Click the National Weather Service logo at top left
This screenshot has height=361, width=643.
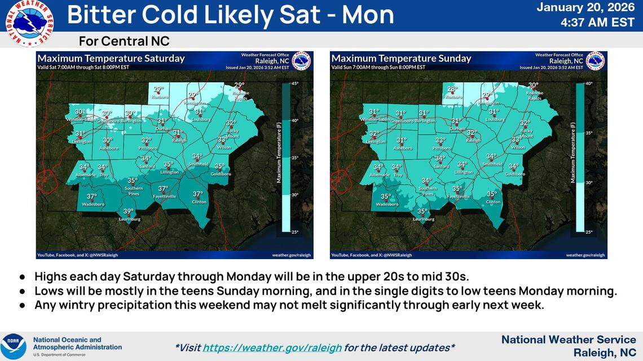(x=29, y=23)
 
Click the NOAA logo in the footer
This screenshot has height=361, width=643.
(x=13, y=346)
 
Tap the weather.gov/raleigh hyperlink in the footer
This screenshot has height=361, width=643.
(x=272, y=347)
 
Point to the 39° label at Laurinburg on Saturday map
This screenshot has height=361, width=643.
(x=129, y=212)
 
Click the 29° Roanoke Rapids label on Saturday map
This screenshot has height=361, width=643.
(x=240, y=86)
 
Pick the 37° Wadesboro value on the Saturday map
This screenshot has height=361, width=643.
(x=92, y=197)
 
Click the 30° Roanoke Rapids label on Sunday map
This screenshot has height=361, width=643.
(x=533, y=86)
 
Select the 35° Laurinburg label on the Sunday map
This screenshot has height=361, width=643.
(x=422, y=212)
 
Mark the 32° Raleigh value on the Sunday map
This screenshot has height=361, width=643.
(x=472, y=133)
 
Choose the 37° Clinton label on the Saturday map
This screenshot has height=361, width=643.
(x=197, y=194)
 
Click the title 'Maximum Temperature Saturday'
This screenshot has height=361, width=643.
(x=111, y=59)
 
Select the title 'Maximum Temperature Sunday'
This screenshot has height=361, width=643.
(x=401, y=59)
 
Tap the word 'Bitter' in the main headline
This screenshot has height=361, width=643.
(x=100, y=15)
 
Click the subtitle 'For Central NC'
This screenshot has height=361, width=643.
(x=124, y=41)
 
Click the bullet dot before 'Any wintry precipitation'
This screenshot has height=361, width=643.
(x=23, y=305)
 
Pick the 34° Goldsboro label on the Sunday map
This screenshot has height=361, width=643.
(x=514, y=167)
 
